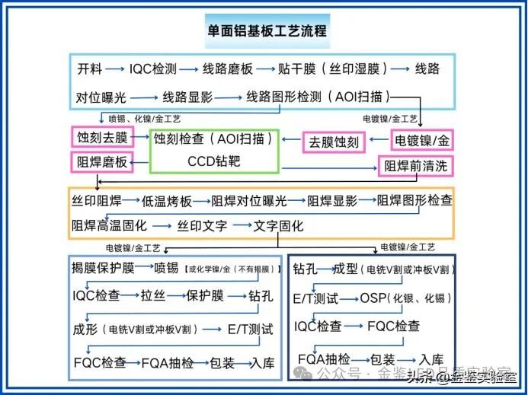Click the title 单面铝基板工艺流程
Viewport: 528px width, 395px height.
click(x=267, y=31)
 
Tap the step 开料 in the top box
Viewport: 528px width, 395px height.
click(x=91, y=69)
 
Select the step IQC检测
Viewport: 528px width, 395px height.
click(x=153, y=69)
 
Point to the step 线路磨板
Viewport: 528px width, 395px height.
click(x=227, y=69)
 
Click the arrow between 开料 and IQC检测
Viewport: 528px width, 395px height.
click(x=116, y=69)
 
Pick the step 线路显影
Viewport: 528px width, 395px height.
click(x=187, y=97)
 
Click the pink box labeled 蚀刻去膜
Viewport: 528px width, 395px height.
click(x=102, y=138)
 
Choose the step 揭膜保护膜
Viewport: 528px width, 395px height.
click(x=104, y=268)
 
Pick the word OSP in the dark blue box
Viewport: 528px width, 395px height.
click(x=370, y=298)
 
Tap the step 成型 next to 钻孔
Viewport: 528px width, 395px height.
click(x=347, y=269)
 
